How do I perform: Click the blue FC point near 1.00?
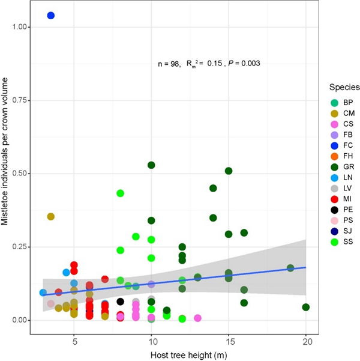pos(51,16)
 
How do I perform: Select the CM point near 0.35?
pos(51,216)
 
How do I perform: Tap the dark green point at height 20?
pos(306,307)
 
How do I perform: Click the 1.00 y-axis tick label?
pos(20,27)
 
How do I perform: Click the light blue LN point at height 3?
pos(43,293)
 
